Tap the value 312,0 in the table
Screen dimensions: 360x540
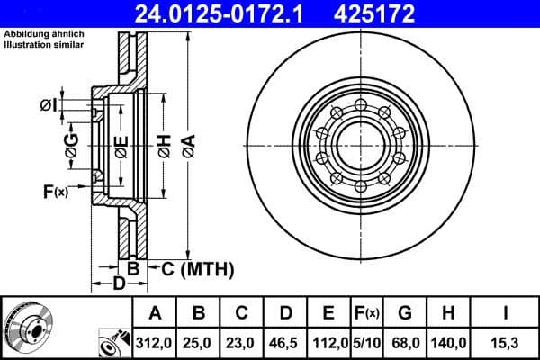click(x=155, y=343)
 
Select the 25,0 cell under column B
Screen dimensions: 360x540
click(x=199, y=343)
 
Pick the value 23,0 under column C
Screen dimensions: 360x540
click(x=242, y=343)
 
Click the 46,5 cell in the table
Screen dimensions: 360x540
click(x=285, y=343)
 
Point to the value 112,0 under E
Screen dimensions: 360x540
click(x=328, y=343)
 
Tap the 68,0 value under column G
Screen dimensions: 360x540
click(x=405, y=343)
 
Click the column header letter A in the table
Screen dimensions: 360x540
click(x=155, y=313)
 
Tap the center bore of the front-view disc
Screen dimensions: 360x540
click(x=361, y=143)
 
